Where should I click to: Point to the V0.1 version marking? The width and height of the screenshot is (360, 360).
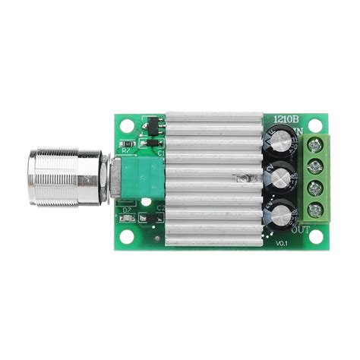pyautogui.click(x=282, y=242)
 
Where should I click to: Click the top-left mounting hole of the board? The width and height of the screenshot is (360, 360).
pyautogui.click(x=126, y=125)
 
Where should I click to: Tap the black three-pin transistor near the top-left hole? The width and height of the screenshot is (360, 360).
pyautogui.click(x=150, y=122)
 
